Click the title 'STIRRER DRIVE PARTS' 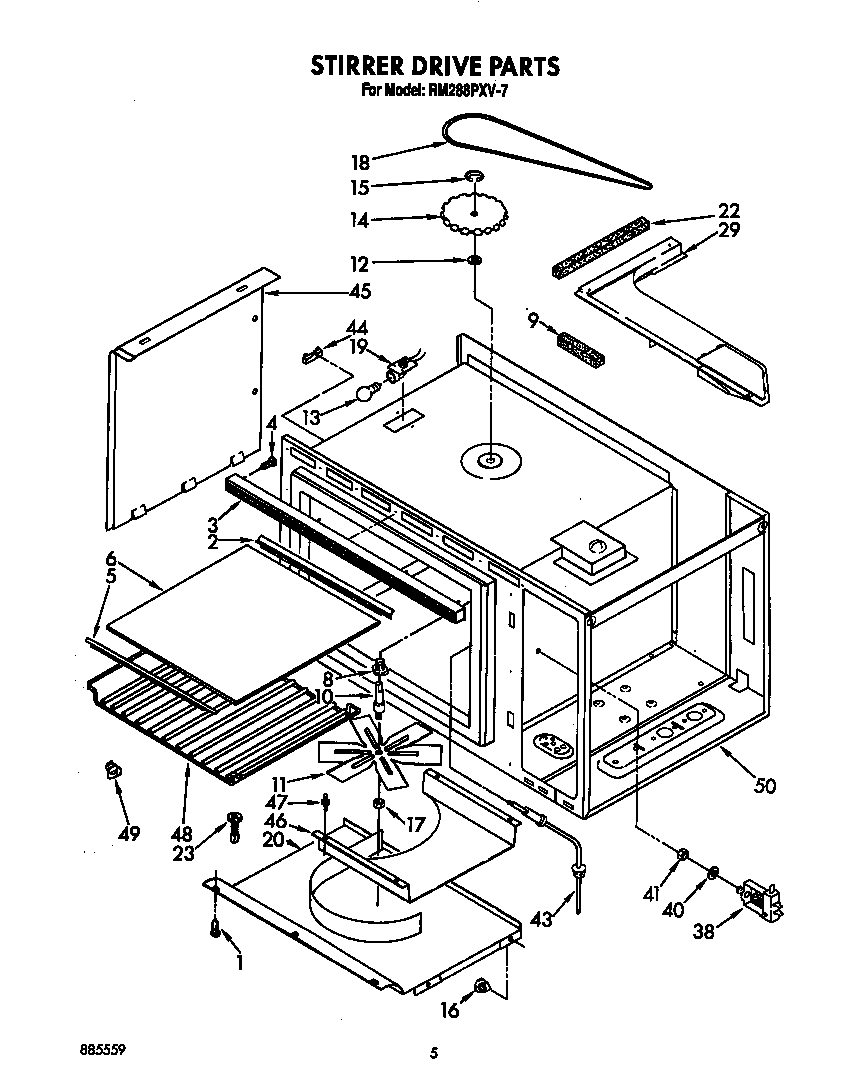(x=432, y=67)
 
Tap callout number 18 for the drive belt (x=361, y=160)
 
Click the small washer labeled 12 (x=474, y=262)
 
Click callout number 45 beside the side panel (x=357, y=293)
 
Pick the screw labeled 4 (x=269, y=463)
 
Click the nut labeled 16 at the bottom (x=482, y=987)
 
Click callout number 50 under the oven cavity (x=765, y=786)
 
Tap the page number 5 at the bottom (x=433, y=1053)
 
